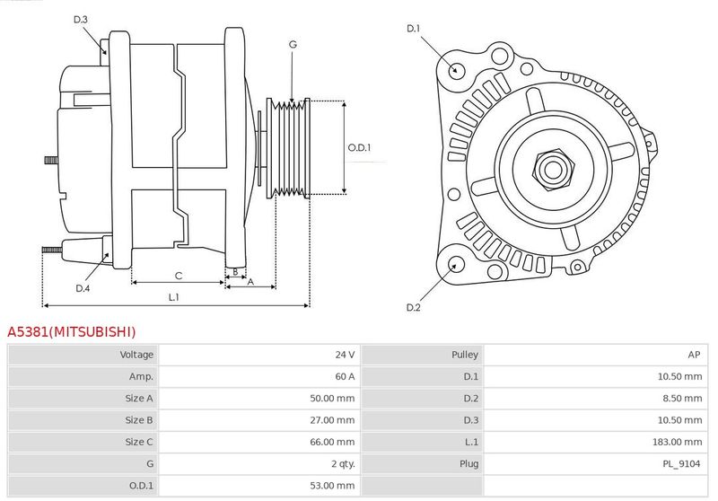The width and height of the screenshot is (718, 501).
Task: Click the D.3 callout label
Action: pos(80,19)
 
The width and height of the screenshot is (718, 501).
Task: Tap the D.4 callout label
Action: pos(83,288)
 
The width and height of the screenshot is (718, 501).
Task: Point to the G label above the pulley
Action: pos(293,44)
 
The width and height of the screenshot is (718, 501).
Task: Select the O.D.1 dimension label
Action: pos(359,147)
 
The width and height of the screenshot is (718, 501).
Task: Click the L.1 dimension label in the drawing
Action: pos(173,297)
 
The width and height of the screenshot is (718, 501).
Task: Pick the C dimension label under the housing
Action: pos(179,276)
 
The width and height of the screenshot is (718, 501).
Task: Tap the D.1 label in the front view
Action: pos(413,29)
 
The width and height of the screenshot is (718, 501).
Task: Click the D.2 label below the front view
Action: pos(413,307)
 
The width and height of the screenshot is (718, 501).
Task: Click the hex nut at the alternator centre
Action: pos(553,169)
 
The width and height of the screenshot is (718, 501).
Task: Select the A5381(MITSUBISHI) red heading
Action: pos(72,331)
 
